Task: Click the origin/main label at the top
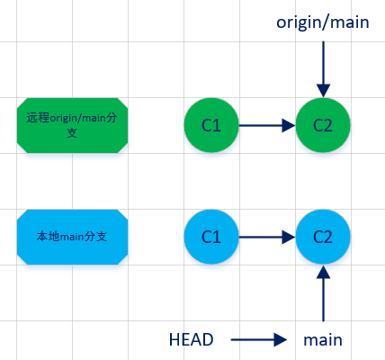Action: (x=323, y=22)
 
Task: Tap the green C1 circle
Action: (x=211, y=124)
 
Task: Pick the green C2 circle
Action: (x=322, y=124)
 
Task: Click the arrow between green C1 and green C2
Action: (x=266, y=124)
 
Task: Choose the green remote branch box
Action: (x=72, y=124)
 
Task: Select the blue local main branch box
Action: (x=72, y=237)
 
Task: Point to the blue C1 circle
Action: (x=211, y=237)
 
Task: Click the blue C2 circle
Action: (x=322, y=237)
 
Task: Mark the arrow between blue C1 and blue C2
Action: (x=266, y=237)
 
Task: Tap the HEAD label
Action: (x=191, y=339)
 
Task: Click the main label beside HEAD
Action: (x=322, y=339)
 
